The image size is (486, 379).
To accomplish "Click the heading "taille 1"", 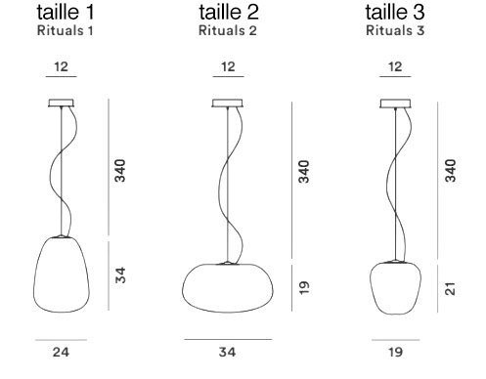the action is coord(66,12).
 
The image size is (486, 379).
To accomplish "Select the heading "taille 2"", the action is coord(229,12).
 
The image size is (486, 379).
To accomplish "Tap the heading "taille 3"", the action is coord(395,12).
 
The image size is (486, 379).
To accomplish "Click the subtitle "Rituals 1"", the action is coord(66,30).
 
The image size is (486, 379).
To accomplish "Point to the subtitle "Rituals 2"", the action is coord(228,30).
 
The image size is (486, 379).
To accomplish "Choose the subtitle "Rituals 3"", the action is coord(395,30).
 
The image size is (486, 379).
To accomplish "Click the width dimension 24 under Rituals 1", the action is coord(61,352).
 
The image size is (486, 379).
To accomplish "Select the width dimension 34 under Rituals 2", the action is coord(227,352).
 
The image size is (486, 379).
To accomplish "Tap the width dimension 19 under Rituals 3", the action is coord(395,352).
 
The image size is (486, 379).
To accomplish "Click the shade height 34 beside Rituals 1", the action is coord(120,275).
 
